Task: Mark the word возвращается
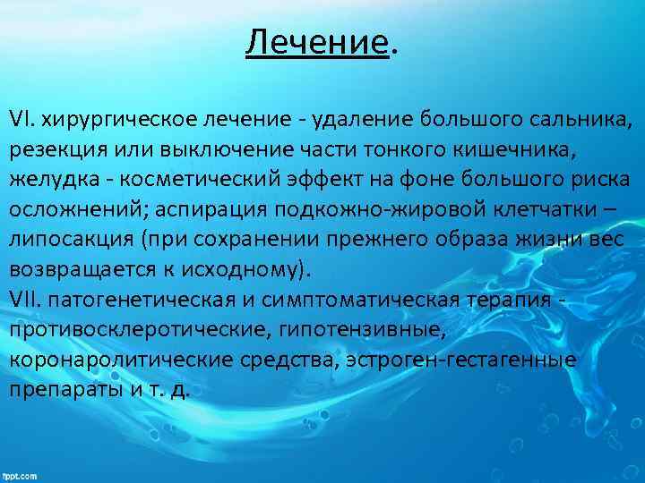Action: pyautogui.click(x=78, y=269)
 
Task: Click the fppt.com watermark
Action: pyautogui.click(x=20, y=475)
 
